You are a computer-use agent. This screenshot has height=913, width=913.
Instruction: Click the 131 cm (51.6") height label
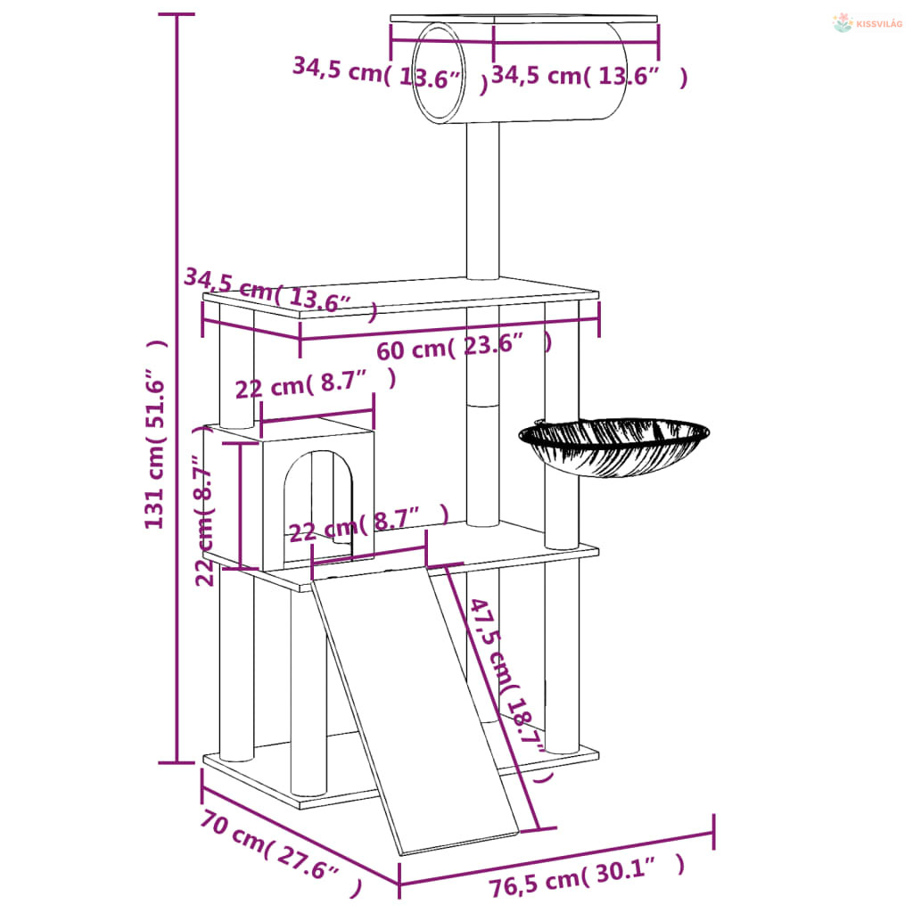(156, 434)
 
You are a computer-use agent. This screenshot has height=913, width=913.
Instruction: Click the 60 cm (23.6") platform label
(464, 347)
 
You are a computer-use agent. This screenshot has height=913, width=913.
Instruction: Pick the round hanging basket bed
(613, 447)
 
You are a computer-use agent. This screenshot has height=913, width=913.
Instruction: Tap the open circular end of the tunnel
(440, 73)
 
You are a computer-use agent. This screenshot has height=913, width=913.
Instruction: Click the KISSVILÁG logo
(868, 23)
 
